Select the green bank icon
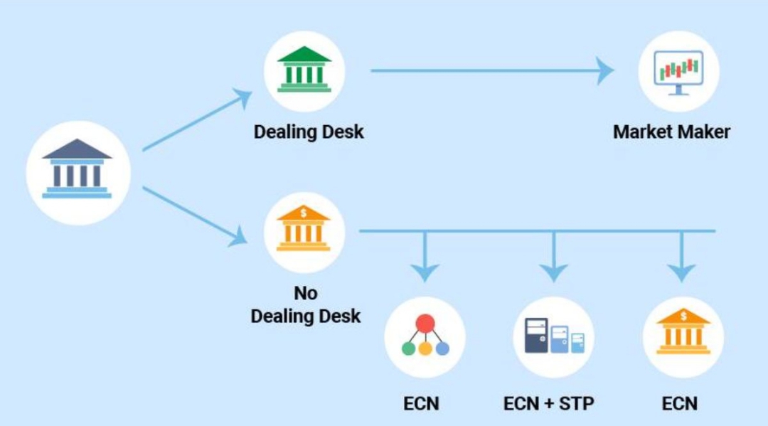[x=304, y=70]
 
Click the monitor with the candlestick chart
[x=678, y=71]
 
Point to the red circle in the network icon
[x=425, y=324]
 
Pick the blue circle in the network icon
[x=442, y=348]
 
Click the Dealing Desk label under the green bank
[x=309, y=132]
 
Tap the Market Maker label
[x=671, y=132]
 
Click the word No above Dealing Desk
[x=305, y=293]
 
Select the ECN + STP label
[x=548, y=404]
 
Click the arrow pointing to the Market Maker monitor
[x=491, y=70]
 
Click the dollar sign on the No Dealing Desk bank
[x=304, y=211]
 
